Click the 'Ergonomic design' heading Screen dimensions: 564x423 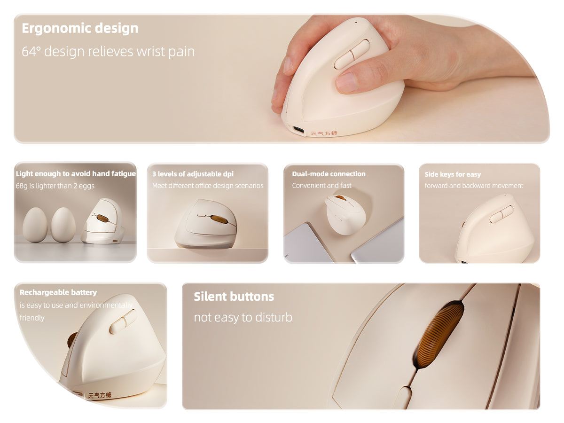[80, 28]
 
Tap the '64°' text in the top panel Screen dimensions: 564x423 [31, 51]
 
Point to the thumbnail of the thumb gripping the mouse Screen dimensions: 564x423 [347, 82]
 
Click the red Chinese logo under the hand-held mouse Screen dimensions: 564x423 [324, 133]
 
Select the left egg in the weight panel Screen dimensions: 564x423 [35, 225]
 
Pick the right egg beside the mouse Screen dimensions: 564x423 [63, 225]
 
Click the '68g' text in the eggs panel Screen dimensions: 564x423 [22, 186]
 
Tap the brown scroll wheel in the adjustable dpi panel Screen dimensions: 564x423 [219, 219]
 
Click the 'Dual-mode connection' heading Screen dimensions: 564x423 [329, 174]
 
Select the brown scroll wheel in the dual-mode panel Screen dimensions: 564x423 [341, 197]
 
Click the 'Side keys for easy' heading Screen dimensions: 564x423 [453, 174]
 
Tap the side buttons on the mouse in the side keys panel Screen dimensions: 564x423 [501, 214]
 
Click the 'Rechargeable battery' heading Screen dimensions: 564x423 [58, 292]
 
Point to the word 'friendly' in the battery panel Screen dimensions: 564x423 [32, 318]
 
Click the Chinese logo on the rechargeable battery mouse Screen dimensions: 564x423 [100, 395]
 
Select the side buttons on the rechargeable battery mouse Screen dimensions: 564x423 [122, 321]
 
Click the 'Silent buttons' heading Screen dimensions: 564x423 [234, 297]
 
